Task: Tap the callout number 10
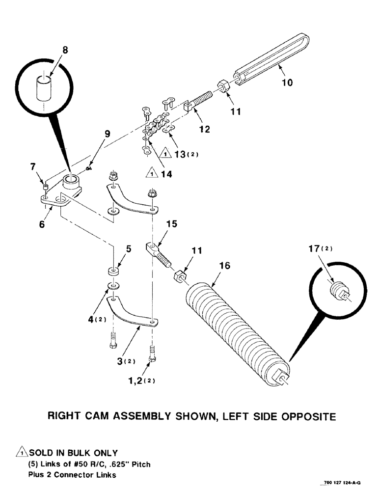pyautogui.click(x=287, y=82)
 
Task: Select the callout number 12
pyautogui.click(x=204, y=130)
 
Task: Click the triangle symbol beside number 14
pyautogui.click(x=151, y=172)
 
